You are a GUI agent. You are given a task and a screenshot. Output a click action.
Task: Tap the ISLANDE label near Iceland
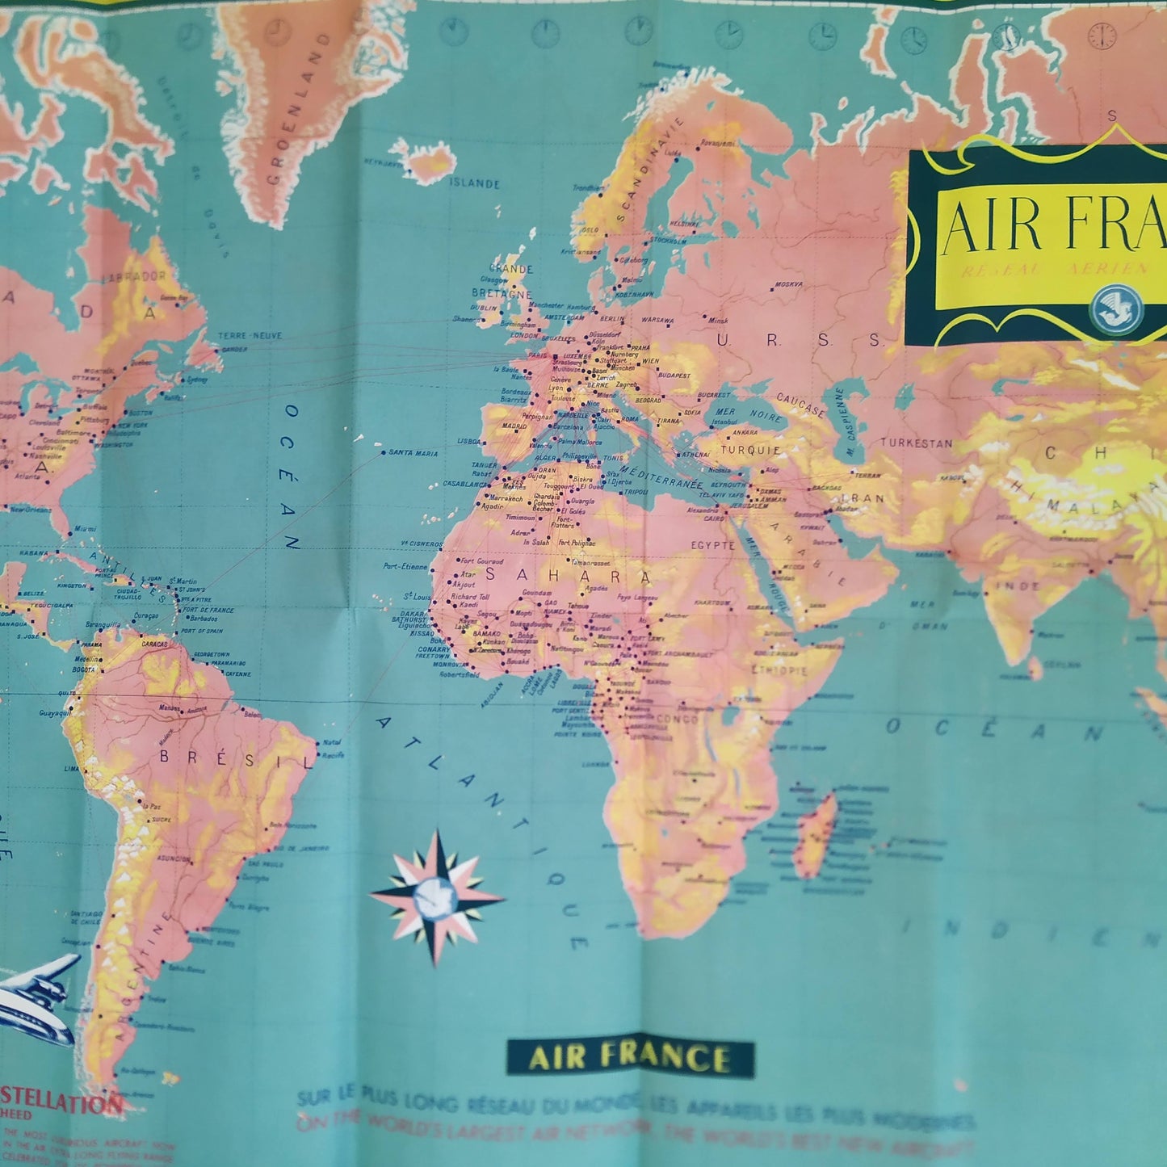click(475, 183)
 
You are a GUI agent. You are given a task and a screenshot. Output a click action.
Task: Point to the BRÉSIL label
click(235, 759)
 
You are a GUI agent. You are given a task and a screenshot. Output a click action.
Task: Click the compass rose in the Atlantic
click(436, 896)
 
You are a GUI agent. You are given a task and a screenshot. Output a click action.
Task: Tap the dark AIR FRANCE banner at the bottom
click(630, 1058)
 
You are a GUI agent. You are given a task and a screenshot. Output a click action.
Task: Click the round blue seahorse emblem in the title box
click(1119, 308)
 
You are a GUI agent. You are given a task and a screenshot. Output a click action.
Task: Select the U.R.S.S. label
click(799, 341)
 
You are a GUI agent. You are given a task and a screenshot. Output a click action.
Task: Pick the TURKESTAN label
click(916, 443)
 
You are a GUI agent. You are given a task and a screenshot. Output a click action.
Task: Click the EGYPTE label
click(712, 545)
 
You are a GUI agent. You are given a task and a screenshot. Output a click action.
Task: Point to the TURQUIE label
click(750, 450)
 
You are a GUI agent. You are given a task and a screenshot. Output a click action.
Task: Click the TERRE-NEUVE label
click(250, 335)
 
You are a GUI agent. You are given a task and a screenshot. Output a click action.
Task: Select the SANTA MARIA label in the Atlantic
click(413, 452)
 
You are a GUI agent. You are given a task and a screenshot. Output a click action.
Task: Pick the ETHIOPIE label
click(779, 670)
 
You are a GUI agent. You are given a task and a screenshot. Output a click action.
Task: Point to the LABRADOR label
click(134, 275)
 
